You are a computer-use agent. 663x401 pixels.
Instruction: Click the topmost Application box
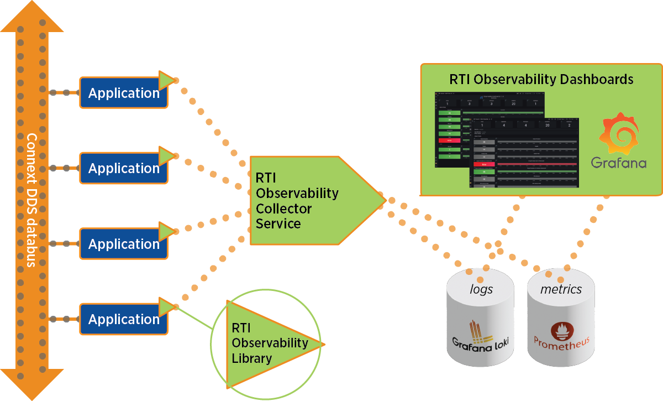point(123,93)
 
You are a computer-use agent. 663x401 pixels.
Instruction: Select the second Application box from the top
point(123,168)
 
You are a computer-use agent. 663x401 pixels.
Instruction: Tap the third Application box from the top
point(123,244)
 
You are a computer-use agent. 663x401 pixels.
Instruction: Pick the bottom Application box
point(123,319)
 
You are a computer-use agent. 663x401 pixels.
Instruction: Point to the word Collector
point(283,209)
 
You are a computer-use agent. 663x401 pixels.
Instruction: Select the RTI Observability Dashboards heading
point(541,79)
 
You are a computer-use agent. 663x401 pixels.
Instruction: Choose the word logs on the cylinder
point(481,289)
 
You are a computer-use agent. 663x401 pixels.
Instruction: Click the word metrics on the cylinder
point(561,289)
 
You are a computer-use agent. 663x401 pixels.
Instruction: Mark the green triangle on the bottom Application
point(165,306)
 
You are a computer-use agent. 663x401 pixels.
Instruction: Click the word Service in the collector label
point(278,223)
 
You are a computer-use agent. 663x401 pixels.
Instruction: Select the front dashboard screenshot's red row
point(484,164)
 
